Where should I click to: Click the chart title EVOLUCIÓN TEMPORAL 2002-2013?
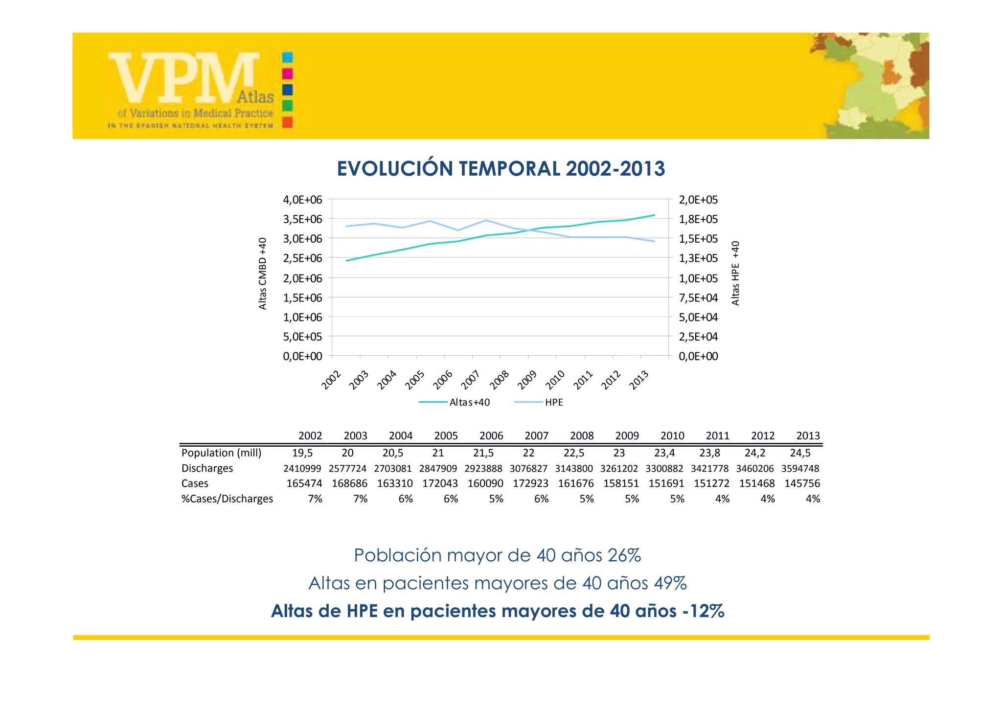tap(501, 169)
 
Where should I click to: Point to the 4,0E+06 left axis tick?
tap(302, 200)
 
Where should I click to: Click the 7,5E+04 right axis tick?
tap(698, 298)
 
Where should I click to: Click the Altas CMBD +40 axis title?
tap(263, 274)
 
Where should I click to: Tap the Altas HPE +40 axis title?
tap(735, 274)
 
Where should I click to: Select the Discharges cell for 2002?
tap(302, 469)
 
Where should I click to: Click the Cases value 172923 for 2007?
tap(530, 483)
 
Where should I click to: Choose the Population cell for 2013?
tap(800, 453)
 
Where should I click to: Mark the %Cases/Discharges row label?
tap(227, 499)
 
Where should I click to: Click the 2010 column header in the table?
tap(672, 436)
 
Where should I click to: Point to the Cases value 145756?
tap(802, 483)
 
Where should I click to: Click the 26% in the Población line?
tap(624, 555)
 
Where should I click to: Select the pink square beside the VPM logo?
tap(288, 73)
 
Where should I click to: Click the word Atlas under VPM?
tap(255, 97)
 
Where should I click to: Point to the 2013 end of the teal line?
tap(654, 215)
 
